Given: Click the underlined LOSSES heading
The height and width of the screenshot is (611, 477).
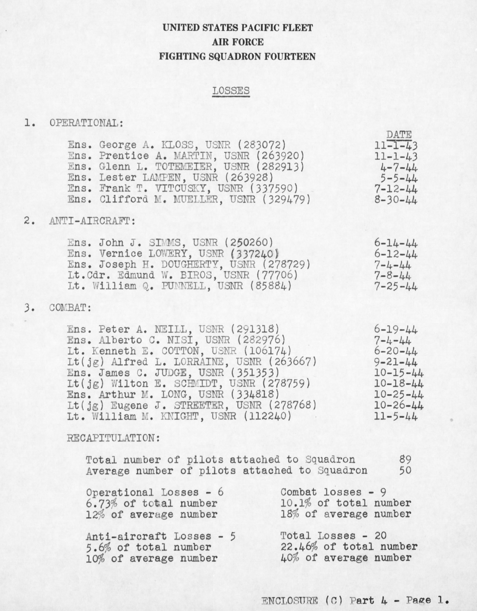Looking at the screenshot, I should tap(231, 91).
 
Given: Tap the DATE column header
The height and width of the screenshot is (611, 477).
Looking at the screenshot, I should tap(399, 135).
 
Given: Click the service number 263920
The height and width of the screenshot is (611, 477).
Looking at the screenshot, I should tap(280, 156).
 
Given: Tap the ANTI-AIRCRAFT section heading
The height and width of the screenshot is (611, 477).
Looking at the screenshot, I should tap(92, 221).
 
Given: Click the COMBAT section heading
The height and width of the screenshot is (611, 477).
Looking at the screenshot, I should tap(70, 308).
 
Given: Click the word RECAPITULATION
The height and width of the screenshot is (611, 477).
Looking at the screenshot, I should tap(113, 438).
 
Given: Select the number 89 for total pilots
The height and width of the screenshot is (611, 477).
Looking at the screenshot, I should tap(405, 460).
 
